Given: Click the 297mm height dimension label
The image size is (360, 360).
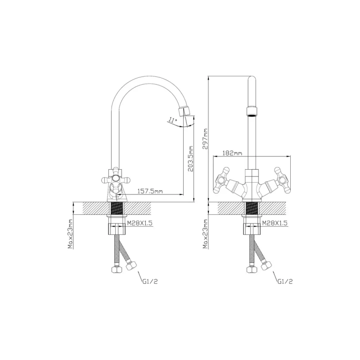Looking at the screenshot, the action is point(205,139).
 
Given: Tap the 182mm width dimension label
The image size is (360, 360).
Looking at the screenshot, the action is point(232,153).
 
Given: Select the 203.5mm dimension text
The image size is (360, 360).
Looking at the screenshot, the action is point(191,159).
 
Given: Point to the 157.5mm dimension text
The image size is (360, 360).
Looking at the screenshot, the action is point(150,191).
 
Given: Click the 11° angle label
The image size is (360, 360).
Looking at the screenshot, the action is point(172,120).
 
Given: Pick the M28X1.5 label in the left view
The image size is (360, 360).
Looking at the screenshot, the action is point(139,223).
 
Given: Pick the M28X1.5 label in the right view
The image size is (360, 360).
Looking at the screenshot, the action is point(274,223).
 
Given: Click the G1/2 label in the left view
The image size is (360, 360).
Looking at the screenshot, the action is point(150,282).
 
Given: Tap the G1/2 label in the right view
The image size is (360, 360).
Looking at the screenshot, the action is point(285,282).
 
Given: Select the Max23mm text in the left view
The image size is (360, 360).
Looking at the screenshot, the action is point(70,234).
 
